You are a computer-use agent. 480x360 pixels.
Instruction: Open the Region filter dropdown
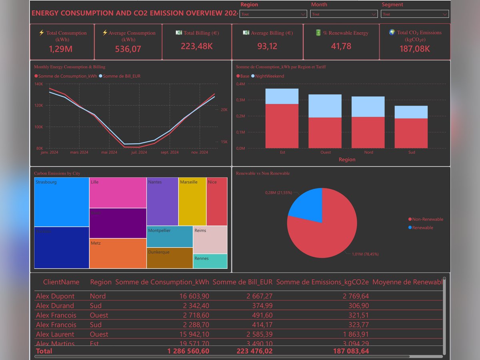click(x=273, y=14)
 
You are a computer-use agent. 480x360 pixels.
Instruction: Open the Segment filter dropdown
click(x=415, y=14)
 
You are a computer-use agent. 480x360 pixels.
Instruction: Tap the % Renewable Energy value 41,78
click(x=341, y=46)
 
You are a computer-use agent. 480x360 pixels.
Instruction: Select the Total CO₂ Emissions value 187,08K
click(x=415, y=49)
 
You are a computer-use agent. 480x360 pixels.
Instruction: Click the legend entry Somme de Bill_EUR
click(x=122, y=76)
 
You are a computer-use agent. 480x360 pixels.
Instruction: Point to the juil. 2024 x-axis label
click(x=140, y=152)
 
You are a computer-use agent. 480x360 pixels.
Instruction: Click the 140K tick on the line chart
click(x=39, y=84)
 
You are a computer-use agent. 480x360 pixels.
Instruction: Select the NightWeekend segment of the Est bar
click(x=282, y=96)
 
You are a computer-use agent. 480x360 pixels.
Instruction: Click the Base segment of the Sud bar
click(x=412, y=133)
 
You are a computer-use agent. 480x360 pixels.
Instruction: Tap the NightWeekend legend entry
click(x=270, y=76)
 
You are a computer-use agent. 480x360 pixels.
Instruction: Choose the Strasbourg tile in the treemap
click(x=62, y=202)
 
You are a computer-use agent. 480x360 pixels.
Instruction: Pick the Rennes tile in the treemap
click(x=210, y=261)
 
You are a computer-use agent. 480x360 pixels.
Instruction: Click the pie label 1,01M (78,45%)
click(x=365, y=254)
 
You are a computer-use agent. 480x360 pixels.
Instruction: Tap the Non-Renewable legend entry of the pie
click(x=427, y=219)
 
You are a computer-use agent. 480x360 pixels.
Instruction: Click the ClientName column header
click(x=61, y=282)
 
